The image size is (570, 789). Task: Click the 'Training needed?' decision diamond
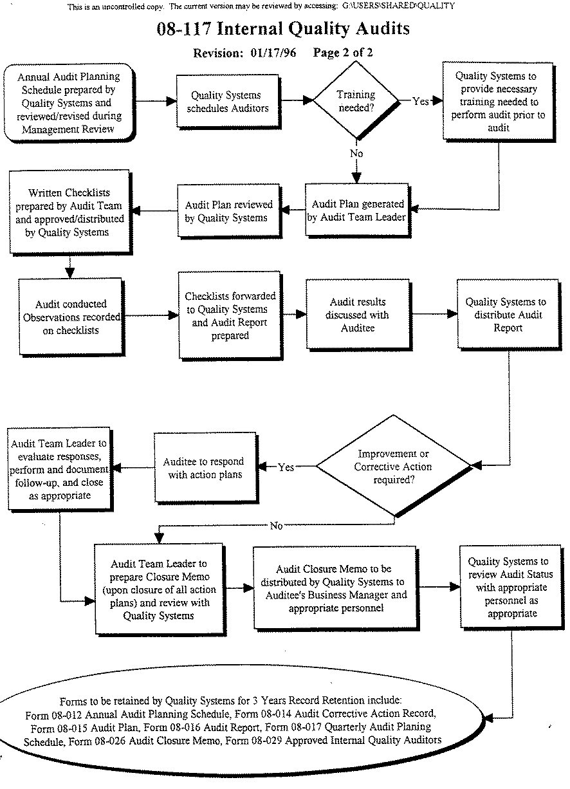pos(356,100)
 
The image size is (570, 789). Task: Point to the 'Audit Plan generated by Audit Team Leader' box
pos(356,210)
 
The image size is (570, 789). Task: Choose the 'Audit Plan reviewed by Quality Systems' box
pos(228,211)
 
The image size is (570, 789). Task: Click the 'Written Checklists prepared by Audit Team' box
pos(69,212)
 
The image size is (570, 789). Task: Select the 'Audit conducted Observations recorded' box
pos(71,317)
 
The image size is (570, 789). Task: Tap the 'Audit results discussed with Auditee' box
pos(357,315)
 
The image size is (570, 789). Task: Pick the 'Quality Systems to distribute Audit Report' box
pos(506,315)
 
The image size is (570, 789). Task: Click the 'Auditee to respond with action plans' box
pos(203,468)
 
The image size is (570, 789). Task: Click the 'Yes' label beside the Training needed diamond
pos(421,102)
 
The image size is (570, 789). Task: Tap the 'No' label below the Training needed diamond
pos(356,153)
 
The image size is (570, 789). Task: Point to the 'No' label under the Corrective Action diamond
pos(276,526)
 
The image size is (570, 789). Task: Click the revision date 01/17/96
pos(273,53)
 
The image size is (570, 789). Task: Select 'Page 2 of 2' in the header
pos(343,53)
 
